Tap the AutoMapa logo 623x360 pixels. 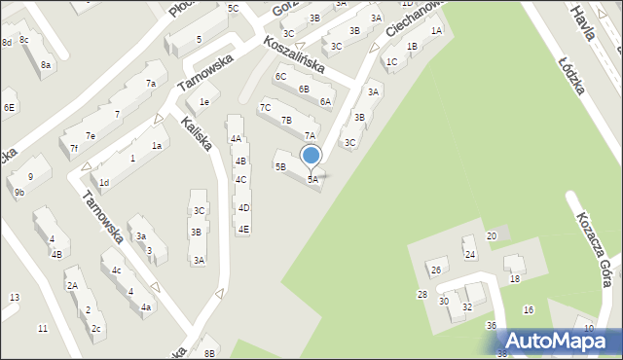click(558, 341)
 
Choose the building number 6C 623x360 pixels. click(280, 76)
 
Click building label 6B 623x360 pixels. click(304, 89)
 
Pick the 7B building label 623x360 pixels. click(286, 121)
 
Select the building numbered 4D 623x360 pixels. click(244, 208)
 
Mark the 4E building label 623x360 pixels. click(243, 230)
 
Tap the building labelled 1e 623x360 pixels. click(204, 102)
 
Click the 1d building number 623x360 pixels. click(103, 182)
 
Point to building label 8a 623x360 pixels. click(46, 65)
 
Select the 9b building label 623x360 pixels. click(19, 193)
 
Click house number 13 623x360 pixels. click(14, 297)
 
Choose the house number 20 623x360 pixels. click(492, 236)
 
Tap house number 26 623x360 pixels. click(436, 270)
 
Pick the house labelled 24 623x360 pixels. click(469, 255)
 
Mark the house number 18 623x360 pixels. click(515, 279)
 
